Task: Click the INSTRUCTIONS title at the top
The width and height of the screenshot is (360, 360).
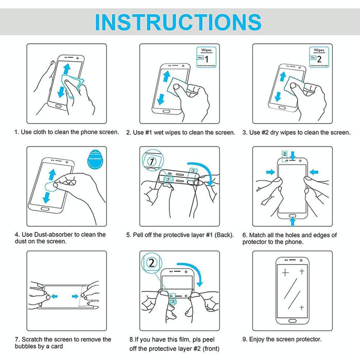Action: (x=178, y=22)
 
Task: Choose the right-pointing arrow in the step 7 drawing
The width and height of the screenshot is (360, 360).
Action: (x=75, y=296)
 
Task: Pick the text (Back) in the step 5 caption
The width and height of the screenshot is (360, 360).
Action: (x=223, y=235)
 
